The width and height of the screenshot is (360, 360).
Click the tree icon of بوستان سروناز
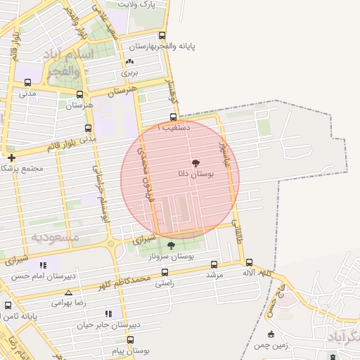click(171, 245)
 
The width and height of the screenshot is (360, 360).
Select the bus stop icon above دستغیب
click(173, 117)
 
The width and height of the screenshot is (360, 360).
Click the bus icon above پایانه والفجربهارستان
click(162, 35)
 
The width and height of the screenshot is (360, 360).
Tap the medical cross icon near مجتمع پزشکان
click(11, 157)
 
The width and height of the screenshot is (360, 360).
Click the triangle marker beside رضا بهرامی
click(68, 292)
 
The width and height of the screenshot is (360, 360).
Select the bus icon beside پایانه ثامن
click(8, 306)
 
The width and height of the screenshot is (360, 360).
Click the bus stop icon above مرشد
click(214, 264)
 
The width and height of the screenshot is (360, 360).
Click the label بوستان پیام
click(131, 350)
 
